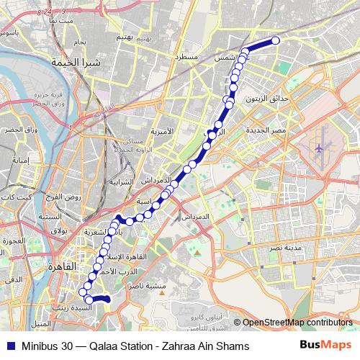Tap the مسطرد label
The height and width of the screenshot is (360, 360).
tap(189, 55)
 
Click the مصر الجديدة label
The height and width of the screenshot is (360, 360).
tap(269, 130)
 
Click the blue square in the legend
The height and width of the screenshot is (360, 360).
tap(9, 346)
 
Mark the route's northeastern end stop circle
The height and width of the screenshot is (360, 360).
tap(274, 41)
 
